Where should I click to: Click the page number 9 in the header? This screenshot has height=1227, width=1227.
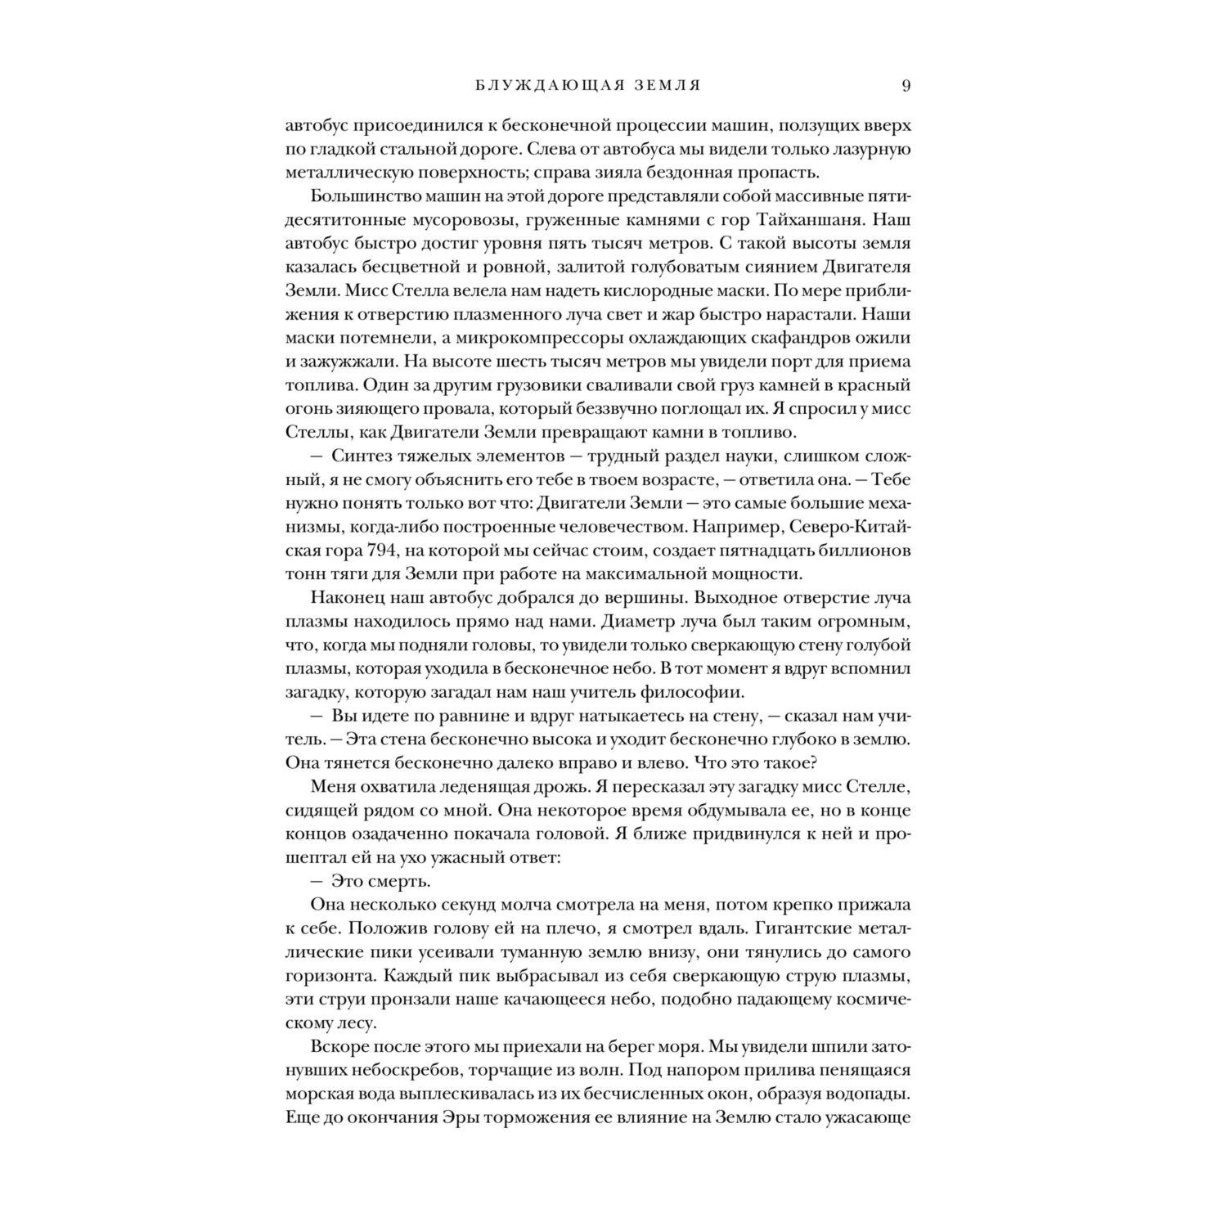coord(906,85)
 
